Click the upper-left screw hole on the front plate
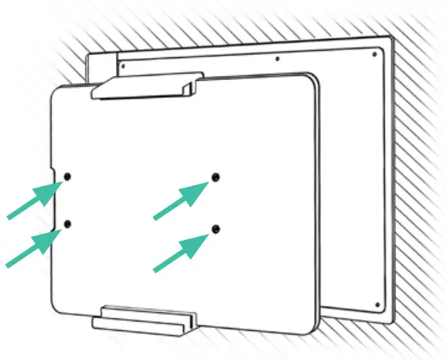tap(67, 176)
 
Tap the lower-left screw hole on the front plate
tap(67, 225)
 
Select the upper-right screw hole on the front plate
tap(215, 177)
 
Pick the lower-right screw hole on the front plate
tap(215, 228)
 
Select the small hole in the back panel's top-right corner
tap(379, 54)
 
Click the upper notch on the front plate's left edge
tap(53, 173)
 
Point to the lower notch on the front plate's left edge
tap(53, 229)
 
